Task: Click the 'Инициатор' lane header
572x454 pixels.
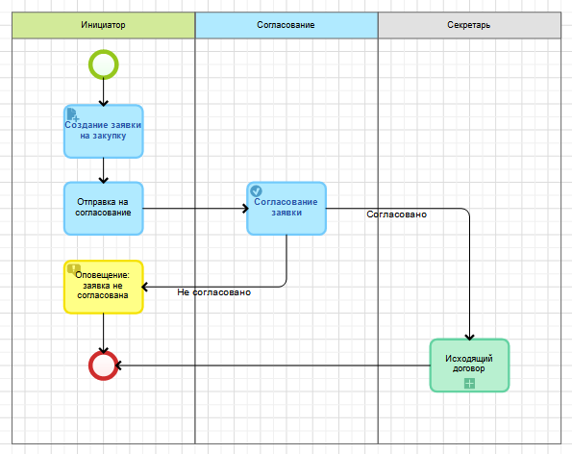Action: [104, 25]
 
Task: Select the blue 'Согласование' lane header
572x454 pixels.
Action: [286, 25]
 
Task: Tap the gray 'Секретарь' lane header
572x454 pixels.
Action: [469, 25]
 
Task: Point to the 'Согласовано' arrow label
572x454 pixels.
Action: [396, 214]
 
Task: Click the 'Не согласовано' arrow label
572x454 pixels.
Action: [214, 292]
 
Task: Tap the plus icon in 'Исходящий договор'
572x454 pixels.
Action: [469, 384]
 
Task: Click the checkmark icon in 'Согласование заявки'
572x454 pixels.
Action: [256, 190]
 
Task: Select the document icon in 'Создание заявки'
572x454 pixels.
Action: [73, 114]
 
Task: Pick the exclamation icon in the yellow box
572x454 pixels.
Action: [74, 269]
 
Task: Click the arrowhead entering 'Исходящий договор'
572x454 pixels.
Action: [469, 338]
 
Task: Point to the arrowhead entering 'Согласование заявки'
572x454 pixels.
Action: [246, 209]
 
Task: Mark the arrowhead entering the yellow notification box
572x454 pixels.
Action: [144, 287]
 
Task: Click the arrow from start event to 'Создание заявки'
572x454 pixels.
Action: [104, 92]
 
